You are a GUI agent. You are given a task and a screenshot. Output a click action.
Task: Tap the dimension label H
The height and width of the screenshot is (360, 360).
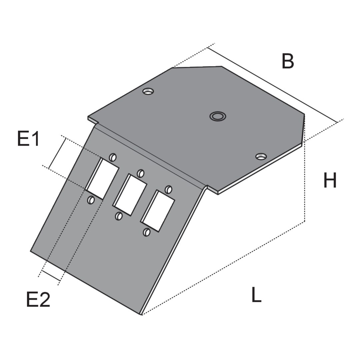tap(330, 180)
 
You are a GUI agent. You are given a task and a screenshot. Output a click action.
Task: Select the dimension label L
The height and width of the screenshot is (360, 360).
tap(256, 295)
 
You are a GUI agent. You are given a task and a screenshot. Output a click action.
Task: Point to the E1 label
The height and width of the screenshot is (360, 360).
tap(28, 138)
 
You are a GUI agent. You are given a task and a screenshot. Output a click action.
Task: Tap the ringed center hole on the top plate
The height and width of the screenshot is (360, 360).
tap(218, 116)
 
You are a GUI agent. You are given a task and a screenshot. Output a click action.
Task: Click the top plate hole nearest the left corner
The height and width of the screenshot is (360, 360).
tap(148, 91)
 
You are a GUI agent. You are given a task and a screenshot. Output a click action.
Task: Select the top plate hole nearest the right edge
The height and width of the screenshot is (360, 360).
tap(261, 157)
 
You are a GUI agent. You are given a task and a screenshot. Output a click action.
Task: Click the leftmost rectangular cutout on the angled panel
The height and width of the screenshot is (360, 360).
tap(102, 178)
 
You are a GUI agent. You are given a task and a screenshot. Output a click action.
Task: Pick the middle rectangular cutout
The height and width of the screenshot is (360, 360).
tap(129, 195)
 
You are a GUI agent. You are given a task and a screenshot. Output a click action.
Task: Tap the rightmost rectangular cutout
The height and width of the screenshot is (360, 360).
tap(157, 211)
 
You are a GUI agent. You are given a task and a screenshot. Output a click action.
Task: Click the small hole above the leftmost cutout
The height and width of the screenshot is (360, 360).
tap(113, 157)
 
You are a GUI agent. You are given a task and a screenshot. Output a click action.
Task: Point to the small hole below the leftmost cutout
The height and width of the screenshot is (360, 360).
tap(91, 200)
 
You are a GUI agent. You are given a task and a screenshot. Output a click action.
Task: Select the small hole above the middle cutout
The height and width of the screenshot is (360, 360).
tap(141, 173)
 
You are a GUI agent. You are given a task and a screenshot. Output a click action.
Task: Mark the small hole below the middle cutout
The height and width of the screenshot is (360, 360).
tap(119, 216)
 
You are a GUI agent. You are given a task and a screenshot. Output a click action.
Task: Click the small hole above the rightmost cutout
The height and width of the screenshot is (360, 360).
tap(169, 189)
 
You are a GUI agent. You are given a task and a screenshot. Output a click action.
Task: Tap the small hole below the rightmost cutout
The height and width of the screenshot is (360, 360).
tap(146, 232)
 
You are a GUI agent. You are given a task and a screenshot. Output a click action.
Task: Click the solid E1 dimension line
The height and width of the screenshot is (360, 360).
tap(58, 153)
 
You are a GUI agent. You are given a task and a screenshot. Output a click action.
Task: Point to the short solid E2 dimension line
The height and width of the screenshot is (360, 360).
tap(51, 276)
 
